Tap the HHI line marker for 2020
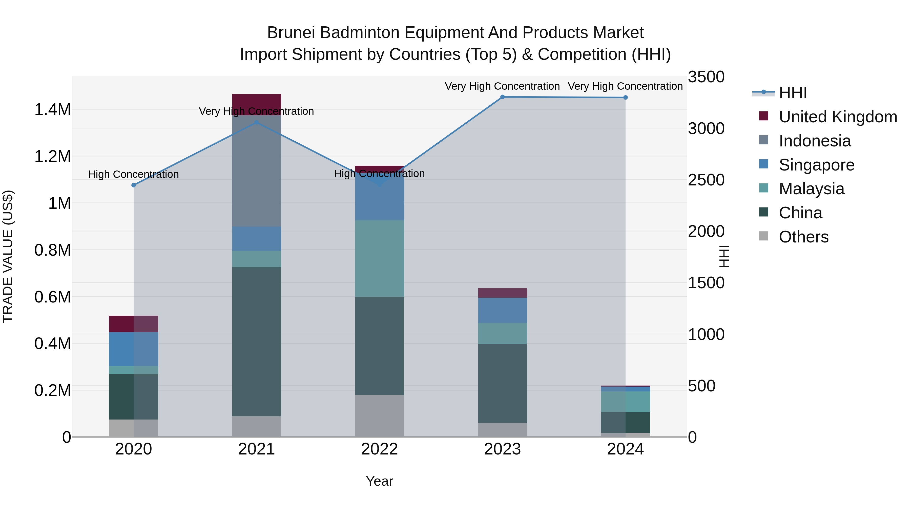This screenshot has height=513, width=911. point(134,185)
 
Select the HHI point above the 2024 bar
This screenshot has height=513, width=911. point(625,97)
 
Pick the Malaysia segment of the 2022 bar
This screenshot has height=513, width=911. point(380,258)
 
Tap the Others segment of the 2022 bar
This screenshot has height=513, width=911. point(380,416)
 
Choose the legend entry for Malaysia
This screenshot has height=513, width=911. point(811,189)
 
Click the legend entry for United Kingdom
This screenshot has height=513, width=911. point(837,117)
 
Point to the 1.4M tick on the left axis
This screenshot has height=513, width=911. point(53,110)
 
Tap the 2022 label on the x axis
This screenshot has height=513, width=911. point(380,449)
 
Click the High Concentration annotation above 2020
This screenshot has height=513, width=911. point(133,174)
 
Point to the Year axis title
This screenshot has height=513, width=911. point(380,481)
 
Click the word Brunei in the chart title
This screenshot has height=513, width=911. point(291,33)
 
